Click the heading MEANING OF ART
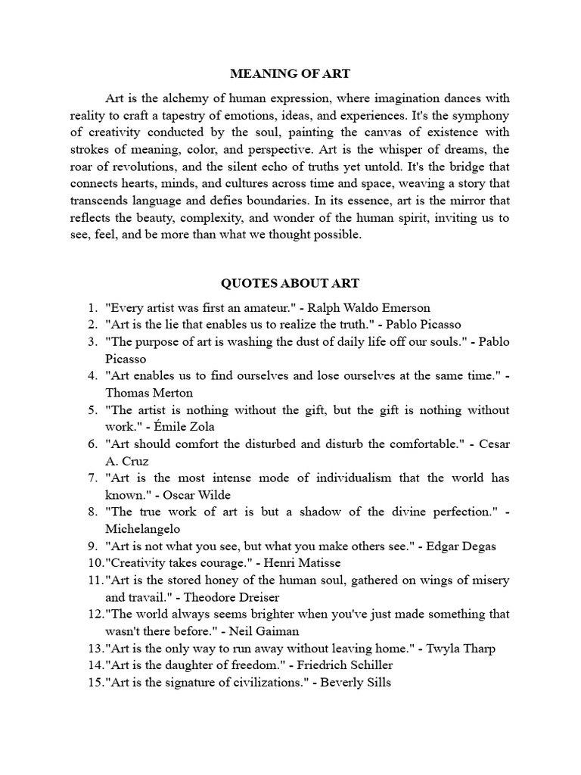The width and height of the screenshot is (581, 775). tap(290, 74)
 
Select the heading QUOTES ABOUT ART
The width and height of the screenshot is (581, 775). tap(290, 284)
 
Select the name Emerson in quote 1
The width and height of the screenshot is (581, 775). tap(404, 308)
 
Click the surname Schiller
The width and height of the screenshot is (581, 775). tap(368, 665)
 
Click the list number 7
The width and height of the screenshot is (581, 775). tap(92, 478)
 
